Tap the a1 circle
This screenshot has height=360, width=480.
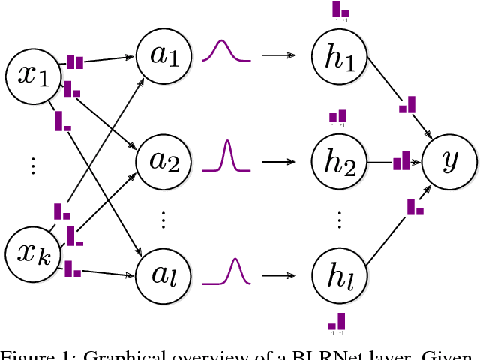tap(163, 55)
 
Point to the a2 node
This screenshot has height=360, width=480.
tap(163, 160)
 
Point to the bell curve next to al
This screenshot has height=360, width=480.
tap(229, 271)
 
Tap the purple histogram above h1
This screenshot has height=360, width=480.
tap(340, 10)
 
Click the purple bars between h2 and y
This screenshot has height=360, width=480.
tap(402, 160)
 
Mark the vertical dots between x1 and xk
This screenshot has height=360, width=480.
tap(32, 166)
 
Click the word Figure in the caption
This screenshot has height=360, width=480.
tap(25, 355)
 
